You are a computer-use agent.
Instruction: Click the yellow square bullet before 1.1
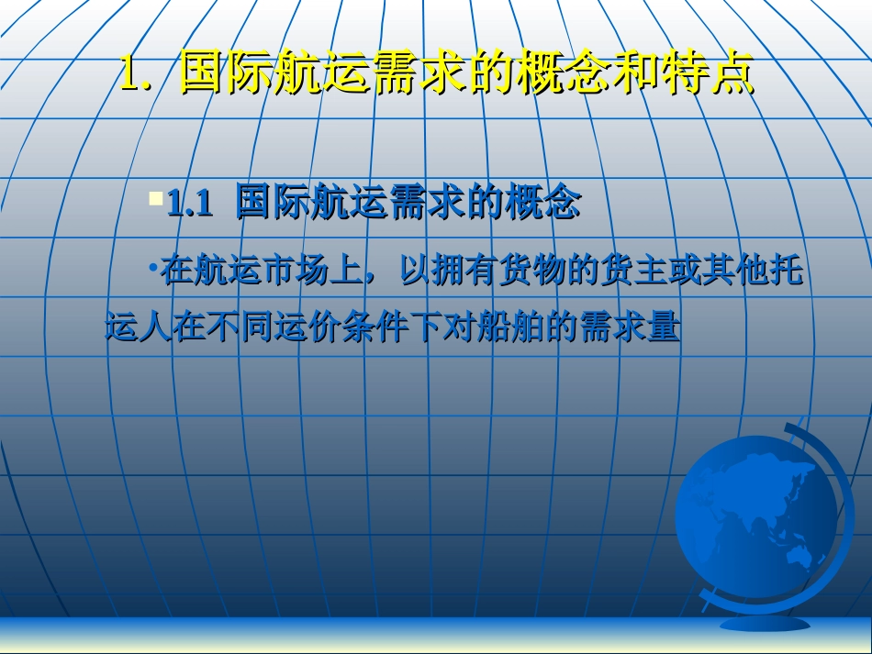(x=155, y=197)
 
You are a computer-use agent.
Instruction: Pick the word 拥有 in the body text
(x=466, y=271)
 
